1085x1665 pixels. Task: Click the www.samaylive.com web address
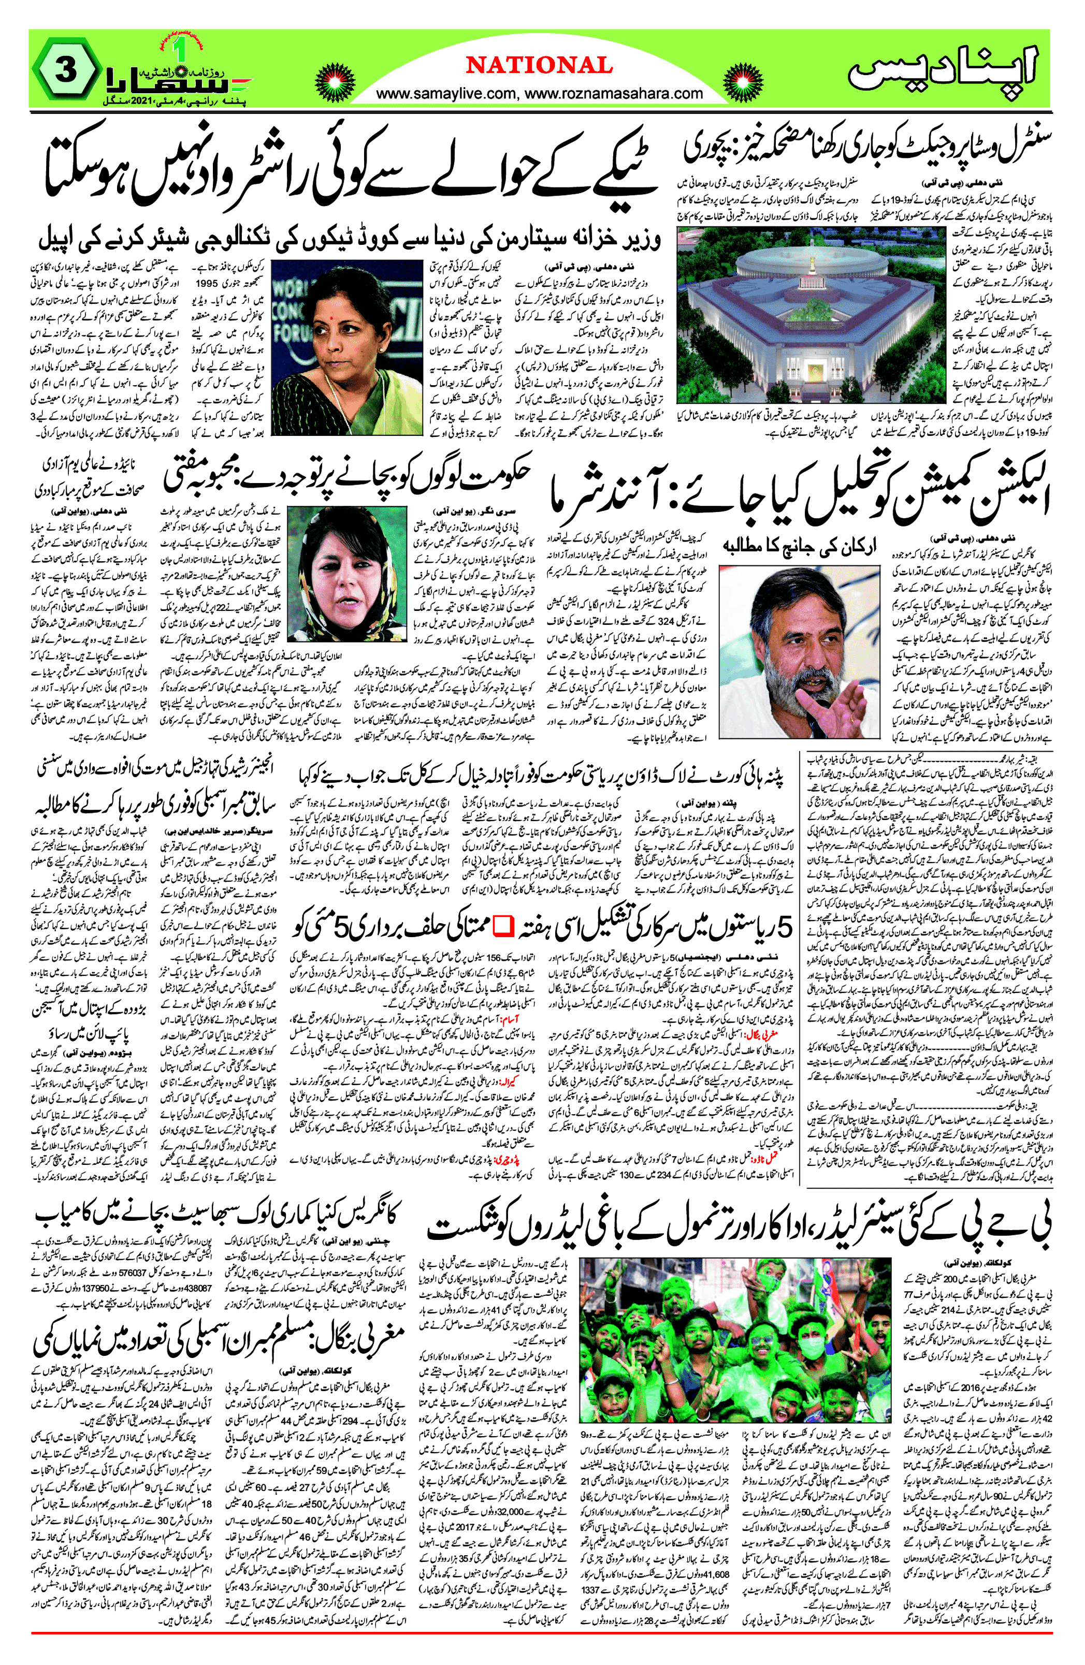click(448, 93)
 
